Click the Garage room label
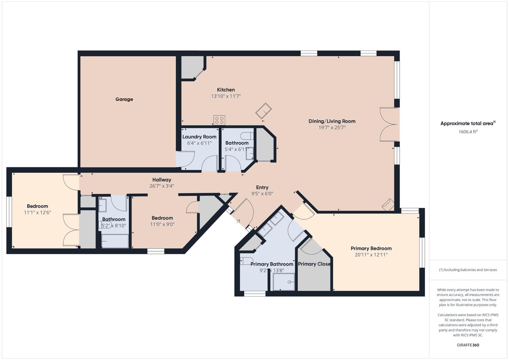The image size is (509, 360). click(x=124, y=99)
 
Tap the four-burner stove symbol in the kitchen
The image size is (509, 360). click(x=219, y=120)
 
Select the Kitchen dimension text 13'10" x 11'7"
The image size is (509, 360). click(x=226, y=96)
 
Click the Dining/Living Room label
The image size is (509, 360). click(x=332, y=121)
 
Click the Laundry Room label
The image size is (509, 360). click(x=199, y=137)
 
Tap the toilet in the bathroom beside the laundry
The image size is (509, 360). click(x=247, y=136)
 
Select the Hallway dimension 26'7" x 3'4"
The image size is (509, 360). click(x=162, y=186)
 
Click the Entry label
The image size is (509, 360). click(x=262, y=187)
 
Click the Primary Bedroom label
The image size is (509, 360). click(x=371, y=248)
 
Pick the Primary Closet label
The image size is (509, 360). click(x=314, y=264)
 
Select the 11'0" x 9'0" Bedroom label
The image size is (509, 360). click(x=162, y=218)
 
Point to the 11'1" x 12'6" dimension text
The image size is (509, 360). click(x=38, y=212)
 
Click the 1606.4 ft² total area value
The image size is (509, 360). click(x=468, y=132)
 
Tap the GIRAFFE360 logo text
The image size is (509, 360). click(x=468, y=345)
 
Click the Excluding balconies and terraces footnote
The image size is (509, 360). click(x=468, y=270)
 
